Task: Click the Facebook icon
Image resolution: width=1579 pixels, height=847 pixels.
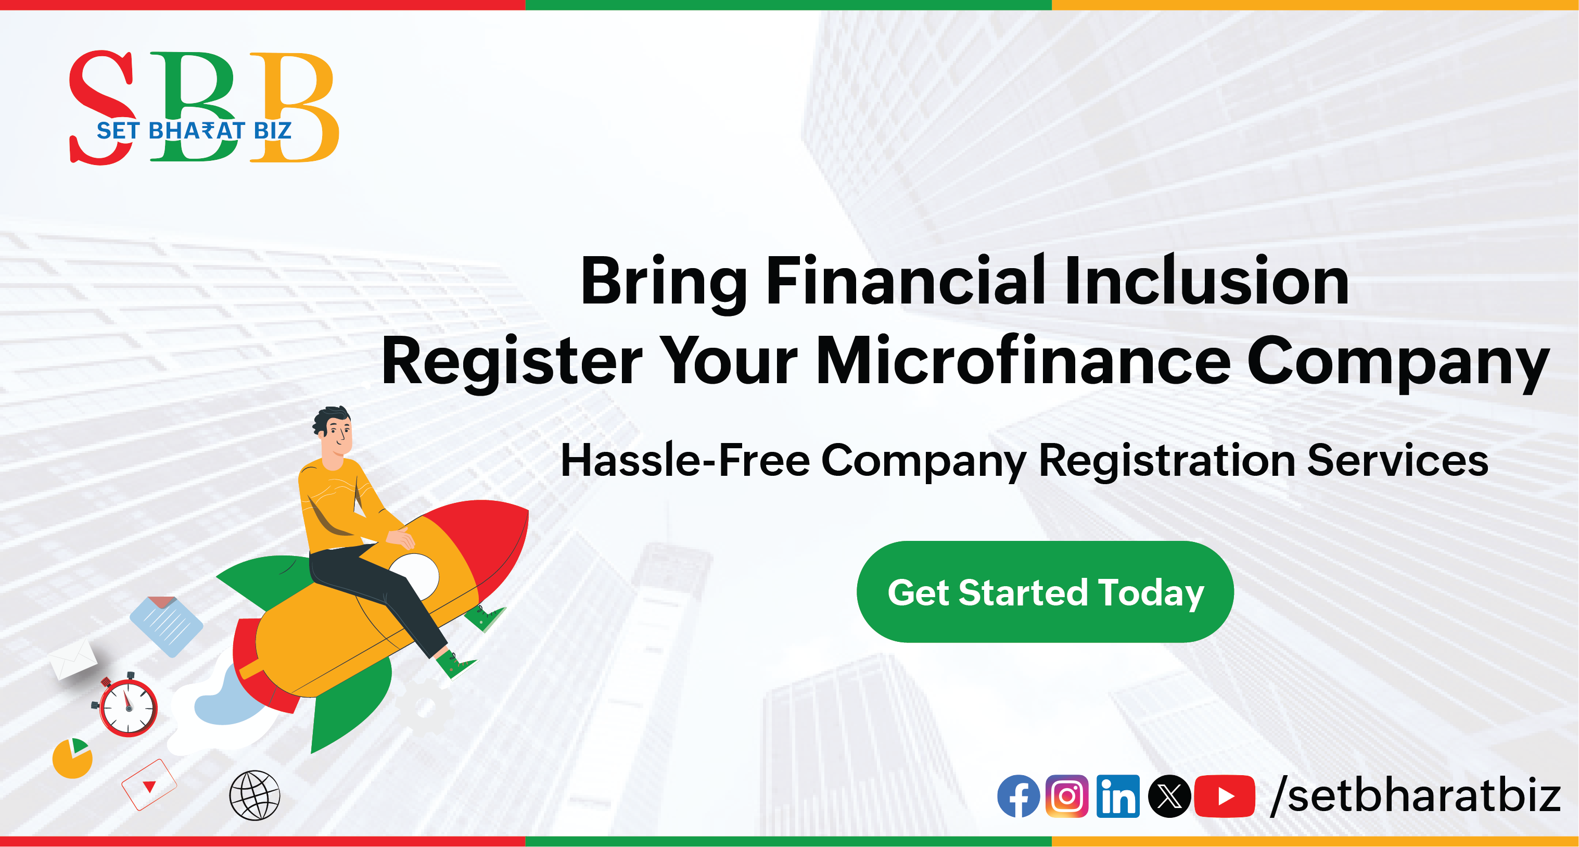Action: click(x=1018, y=796)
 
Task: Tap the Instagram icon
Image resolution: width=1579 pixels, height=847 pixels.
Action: click(x=1066, y=796)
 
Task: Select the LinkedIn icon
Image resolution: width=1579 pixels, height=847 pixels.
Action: click(x=1118, y=796)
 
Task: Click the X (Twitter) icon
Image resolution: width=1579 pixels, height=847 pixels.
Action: click(x=1169, y=796)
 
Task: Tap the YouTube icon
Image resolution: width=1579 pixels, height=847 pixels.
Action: click(x=1225, y=796)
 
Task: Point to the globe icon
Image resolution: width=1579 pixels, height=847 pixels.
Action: click(x=254, y=795)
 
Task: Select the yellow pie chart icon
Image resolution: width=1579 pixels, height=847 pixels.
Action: click(x=72, y=758)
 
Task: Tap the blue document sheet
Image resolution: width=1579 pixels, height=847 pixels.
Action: click(x=166, y=626)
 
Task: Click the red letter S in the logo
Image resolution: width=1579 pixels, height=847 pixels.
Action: click(x=101, y=107)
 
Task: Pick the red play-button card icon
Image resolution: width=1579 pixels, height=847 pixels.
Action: click(x=149, y=785)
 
